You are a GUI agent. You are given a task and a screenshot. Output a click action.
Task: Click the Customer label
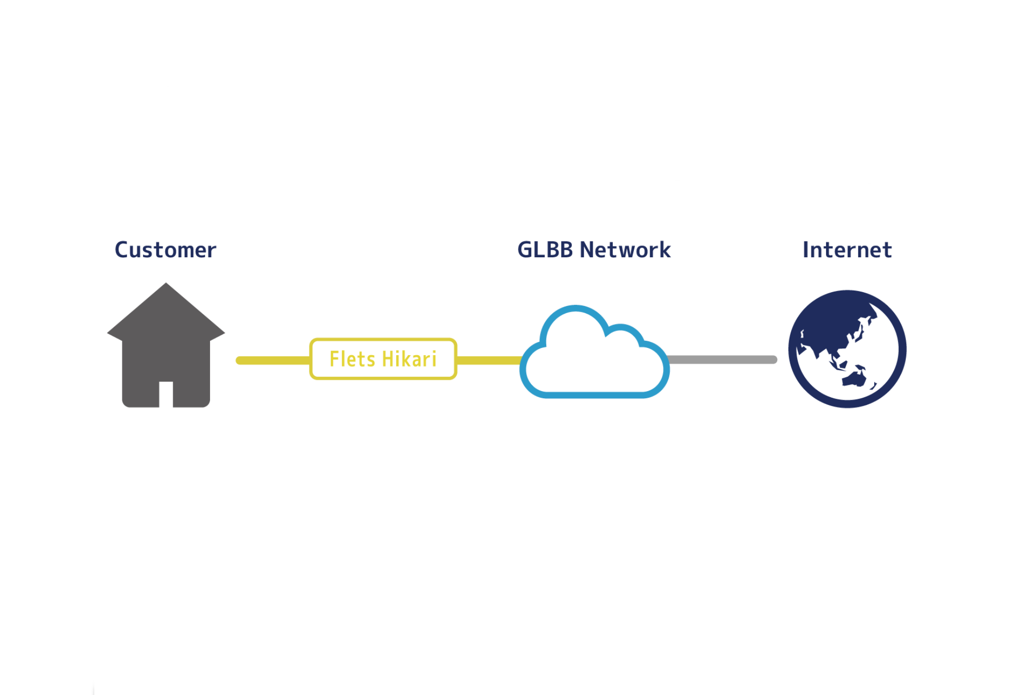click(x=165, y=250)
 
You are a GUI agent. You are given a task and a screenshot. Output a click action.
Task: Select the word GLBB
click(x=545, y=250)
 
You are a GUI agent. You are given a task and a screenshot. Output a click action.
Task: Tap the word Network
click(x=625, y=250)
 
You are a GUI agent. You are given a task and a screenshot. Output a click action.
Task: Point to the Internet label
click(x=847, y=250)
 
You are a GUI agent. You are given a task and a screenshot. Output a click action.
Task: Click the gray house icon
click(x=166, y=345)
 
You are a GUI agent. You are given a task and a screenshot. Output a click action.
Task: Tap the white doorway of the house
click(x=166, y=394)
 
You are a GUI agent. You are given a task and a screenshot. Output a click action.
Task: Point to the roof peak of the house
click(x=166, y=283)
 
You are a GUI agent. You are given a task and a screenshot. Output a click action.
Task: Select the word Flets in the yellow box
click(x=352, y=359)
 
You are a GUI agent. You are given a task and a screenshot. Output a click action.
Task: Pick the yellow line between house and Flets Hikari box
click(x=273, y=360)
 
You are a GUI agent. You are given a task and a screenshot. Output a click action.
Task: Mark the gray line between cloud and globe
click(x=722, y=360)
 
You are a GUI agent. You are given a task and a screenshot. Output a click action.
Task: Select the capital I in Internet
click(x=805, y=250)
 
